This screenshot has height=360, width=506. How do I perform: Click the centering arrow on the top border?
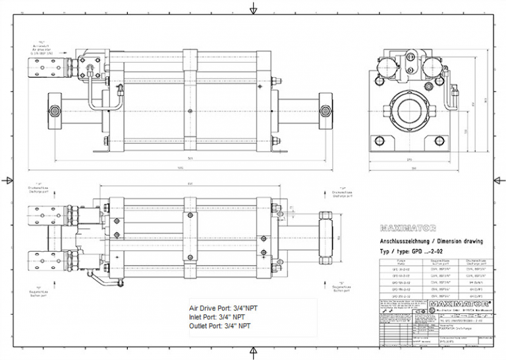pos(253,9)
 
